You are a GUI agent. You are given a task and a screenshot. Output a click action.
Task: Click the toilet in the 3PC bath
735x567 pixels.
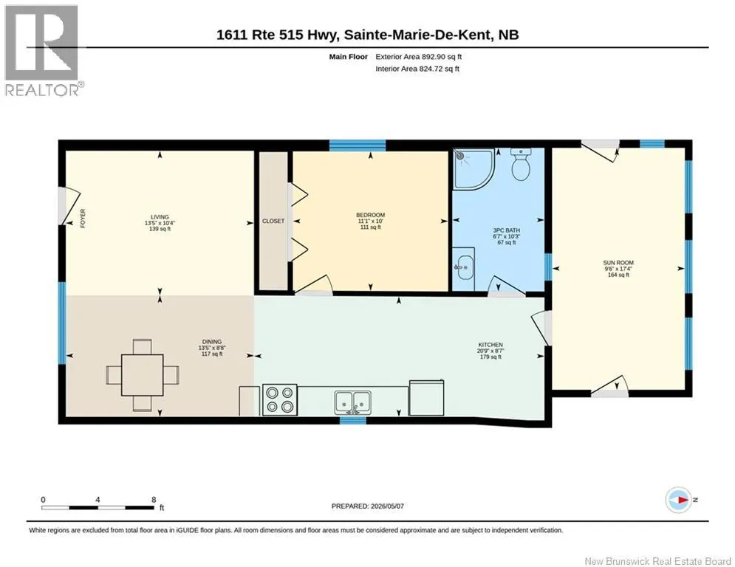click(x=520, y=165)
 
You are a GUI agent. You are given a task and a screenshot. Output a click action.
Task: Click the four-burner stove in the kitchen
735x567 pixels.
click(x=280, y=399)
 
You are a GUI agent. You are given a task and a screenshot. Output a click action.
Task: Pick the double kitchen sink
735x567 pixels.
click(x=352, y=402)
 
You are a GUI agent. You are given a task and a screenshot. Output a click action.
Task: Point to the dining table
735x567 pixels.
click(x=143, y=375)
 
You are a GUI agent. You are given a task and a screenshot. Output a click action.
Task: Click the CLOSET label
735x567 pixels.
click(x=273, y=221)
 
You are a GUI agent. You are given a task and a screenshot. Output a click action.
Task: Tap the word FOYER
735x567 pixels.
click(x=83, y=219)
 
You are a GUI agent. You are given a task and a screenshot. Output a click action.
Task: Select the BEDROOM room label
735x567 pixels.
click(x=370, y=215)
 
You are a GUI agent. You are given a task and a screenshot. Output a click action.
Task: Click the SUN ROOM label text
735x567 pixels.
click(x=618, y=263)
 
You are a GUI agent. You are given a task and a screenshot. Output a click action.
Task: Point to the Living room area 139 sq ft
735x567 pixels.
click(x=160, y=229)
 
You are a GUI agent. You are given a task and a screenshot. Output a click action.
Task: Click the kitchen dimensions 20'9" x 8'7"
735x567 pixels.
click(x=490, y=351)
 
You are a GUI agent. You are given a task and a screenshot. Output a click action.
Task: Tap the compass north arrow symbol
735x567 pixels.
click(x=679, y=500)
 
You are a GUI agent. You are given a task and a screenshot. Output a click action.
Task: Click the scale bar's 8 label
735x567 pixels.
click(x=154, y=500)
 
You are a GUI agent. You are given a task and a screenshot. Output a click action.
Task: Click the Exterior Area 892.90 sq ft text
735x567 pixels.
click(x=419, y=57)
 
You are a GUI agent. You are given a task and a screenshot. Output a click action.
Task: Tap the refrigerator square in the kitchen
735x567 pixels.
click(x=426, y=398)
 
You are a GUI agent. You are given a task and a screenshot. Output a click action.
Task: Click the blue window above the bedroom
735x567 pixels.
click(x=358, y=145)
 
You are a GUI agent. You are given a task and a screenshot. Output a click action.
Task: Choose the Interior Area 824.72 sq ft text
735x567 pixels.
click(x=417, y=69)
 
